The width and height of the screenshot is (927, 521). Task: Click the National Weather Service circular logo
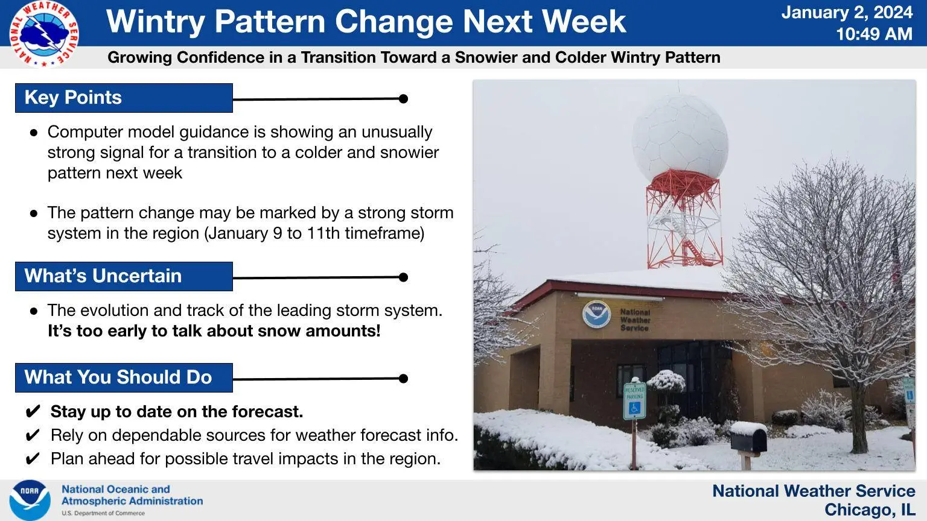44,34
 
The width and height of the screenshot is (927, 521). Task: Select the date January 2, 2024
847,13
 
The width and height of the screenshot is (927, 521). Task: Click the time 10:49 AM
874,34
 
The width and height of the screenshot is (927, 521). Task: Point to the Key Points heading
73,98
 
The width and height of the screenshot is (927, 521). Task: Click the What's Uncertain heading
103,276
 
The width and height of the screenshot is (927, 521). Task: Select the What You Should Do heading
118,377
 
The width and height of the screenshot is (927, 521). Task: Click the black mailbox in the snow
748,437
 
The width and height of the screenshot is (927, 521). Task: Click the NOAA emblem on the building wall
596,314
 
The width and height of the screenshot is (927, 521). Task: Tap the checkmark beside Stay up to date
33,412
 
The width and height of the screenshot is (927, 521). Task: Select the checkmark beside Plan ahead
33,459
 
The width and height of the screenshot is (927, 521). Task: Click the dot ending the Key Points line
404,99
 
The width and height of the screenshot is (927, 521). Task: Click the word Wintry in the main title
155,22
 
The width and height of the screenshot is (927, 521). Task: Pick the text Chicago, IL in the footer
870,510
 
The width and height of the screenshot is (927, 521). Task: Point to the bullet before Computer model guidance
34,133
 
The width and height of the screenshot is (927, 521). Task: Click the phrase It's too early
106,331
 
